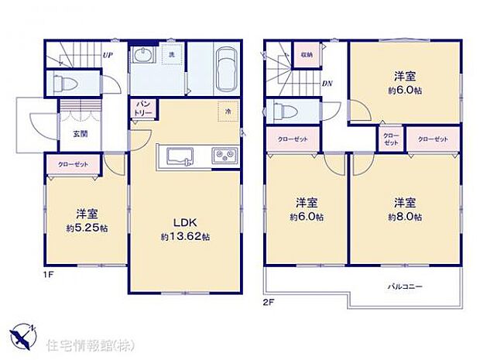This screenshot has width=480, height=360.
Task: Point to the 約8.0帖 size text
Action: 406,218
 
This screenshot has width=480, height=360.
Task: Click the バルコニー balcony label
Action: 405,286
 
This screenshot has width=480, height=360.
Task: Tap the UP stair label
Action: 108,56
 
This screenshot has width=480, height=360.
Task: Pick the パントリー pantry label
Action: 145,108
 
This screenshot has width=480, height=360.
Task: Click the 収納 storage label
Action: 307,54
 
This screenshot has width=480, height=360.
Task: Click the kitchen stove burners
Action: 226,156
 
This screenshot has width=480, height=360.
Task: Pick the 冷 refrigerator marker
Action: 228,111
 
